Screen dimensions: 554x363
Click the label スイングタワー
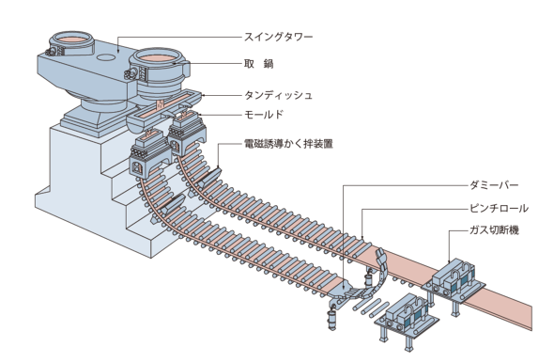[279, 37]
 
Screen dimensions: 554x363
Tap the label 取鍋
[259, 64]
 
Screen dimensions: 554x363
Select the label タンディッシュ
[279, 95]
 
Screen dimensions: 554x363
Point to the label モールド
[264, 115]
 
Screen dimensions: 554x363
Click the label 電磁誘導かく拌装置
[288, 144]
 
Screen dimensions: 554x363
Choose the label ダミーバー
[494, 185]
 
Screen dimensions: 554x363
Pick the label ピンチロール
[499, 208]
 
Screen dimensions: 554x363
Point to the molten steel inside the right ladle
[156, 57]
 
